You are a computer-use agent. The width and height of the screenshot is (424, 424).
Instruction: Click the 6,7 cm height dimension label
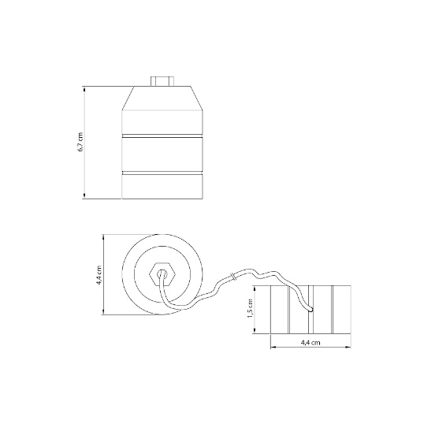tap(80, 142)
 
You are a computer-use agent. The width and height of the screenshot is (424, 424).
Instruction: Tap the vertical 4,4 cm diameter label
tap(99, 275)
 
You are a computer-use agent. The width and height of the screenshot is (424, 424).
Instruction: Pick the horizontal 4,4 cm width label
tap(311, 343)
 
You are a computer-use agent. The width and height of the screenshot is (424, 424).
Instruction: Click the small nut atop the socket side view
tap(162, 81)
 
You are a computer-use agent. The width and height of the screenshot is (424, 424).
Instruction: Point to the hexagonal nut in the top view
tap(162, 274)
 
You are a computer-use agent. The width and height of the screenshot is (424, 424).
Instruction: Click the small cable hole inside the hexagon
tap(162, 273)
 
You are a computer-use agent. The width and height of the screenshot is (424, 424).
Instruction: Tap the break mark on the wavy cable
tap(234, 277)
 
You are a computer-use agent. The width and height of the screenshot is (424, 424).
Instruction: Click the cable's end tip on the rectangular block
tap(311, 310)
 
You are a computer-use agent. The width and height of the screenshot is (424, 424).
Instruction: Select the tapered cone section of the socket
tap(162, 99)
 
